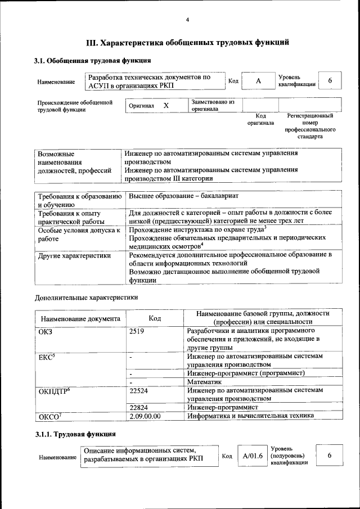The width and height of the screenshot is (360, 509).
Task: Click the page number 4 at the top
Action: (187, 20)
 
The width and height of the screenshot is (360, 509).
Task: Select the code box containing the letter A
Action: (258, 81)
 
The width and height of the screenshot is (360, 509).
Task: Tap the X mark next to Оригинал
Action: (166, 105)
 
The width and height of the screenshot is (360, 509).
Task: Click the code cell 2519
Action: (137, 331)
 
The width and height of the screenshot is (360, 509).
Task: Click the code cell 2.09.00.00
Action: (145, 416)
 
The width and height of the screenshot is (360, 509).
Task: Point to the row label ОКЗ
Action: (45, 331)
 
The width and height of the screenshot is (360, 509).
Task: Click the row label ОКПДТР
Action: (53, 390)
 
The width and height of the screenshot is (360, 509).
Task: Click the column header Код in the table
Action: (155, 318)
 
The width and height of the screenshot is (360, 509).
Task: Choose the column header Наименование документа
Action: (80, 319)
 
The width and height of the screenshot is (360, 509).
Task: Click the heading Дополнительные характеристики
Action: (86, 297)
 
